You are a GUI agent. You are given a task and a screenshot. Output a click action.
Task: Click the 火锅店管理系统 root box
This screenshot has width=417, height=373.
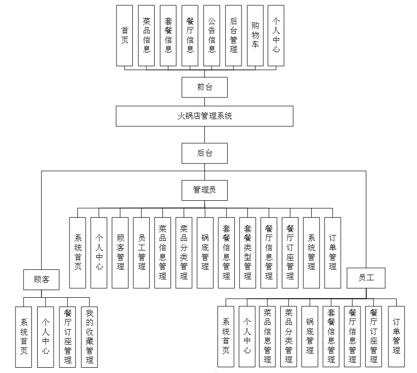pos(204,116)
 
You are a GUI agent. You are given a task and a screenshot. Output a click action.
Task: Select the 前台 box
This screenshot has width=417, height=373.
pos(204,87)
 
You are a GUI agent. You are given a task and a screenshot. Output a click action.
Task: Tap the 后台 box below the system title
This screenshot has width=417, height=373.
pos(204,153)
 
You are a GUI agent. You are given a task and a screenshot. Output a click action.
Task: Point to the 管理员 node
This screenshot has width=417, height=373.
pos(204,190)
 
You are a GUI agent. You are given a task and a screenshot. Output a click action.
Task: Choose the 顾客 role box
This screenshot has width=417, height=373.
pos(42,279)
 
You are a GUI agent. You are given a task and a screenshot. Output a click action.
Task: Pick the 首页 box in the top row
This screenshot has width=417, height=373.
pos(125,36)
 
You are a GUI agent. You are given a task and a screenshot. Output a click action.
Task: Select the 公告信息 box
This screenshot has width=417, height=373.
pos(212,36)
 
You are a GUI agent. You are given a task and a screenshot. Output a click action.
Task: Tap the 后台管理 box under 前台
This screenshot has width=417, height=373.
pos(233,36)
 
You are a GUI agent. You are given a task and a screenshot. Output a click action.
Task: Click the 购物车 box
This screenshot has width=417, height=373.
pos(255,36)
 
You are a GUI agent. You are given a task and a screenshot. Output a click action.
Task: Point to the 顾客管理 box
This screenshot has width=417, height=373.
pos(120,252)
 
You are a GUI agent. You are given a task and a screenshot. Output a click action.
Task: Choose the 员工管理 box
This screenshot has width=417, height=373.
pos(142,252)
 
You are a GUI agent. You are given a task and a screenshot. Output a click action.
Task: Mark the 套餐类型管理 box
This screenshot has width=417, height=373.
pos(247,252)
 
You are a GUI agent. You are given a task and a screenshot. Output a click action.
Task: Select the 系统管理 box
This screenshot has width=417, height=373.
pos(312,252)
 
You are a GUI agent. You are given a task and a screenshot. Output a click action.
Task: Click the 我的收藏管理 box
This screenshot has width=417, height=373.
pos(89,336)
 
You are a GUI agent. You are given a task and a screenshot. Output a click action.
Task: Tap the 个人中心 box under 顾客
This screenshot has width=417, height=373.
pos(45,336)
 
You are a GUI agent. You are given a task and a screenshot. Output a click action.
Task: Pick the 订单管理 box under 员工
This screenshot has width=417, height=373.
pos(396,336)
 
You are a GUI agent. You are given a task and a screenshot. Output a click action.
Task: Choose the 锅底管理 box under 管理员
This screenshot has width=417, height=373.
pos(205,252)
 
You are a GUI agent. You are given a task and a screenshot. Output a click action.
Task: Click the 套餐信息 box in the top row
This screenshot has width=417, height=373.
pos(168,36)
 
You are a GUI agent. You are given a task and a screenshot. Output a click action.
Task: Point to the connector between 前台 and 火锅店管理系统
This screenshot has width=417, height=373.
pos(204,101)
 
